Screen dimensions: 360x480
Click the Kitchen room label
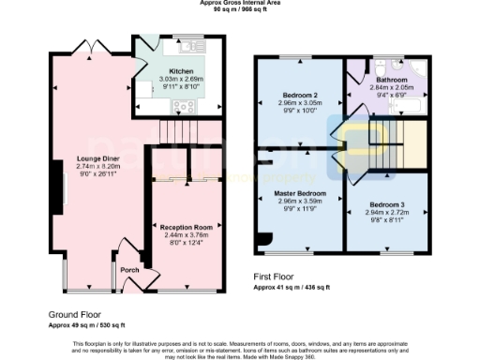pyautogui.click(x=181, y=71)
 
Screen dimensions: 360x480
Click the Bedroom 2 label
pyautogui.click(x=300, y=95)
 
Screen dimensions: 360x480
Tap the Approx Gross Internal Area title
pyautogui.click(x=239, y=3)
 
